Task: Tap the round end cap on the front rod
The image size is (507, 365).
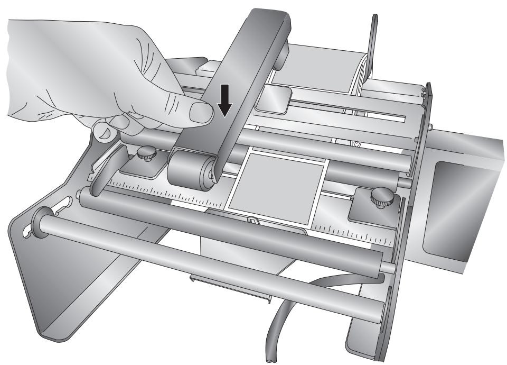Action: point(40,218)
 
